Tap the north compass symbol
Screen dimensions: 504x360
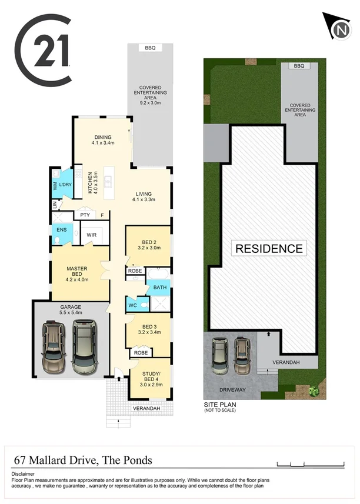(x=339, y=29)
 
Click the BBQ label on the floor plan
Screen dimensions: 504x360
(x=150, y=48)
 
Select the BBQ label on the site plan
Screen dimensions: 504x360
(x=299, y=66)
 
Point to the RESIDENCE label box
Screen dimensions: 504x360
(x=269, y=248)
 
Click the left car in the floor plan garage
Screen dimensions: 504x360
(x=55, y=349)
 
